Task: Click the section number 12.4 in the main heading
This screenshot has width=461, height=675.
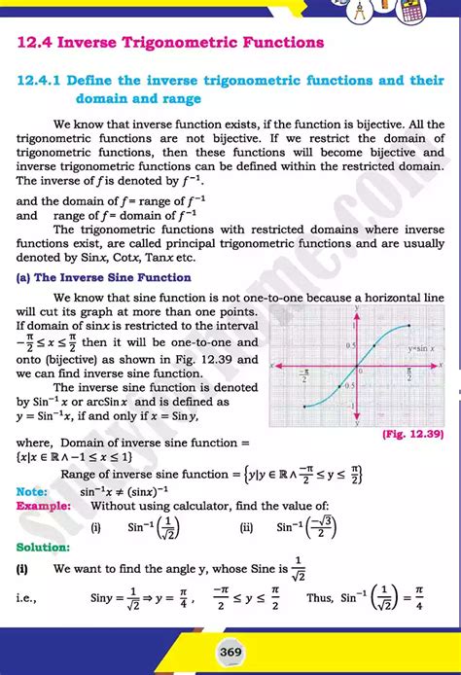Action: coord(36,43)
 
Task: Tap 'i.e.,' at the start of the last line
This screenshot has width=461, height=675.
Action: coord(31,600)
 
